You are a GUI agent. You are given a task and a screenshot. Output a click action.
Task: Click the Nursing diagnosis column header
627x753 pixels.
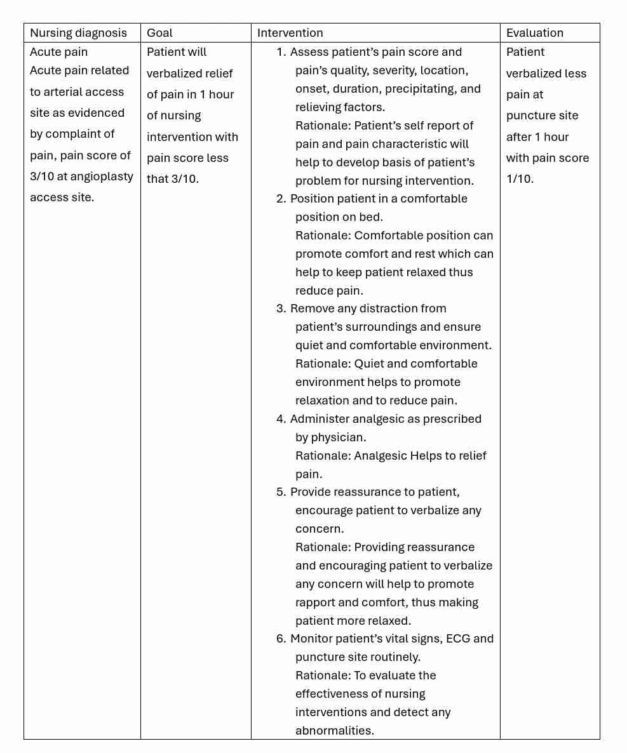coord(78,33)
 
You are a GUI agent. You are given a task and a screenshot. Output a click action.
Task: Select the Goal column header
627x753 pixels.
coord(159,33)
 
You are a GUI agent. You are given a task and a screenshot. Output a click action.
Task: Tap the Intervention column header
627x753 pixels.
coord(290,33)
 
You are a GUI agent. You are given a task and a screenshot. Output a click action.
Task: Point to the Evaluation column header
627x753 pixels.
coord(534,33)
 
